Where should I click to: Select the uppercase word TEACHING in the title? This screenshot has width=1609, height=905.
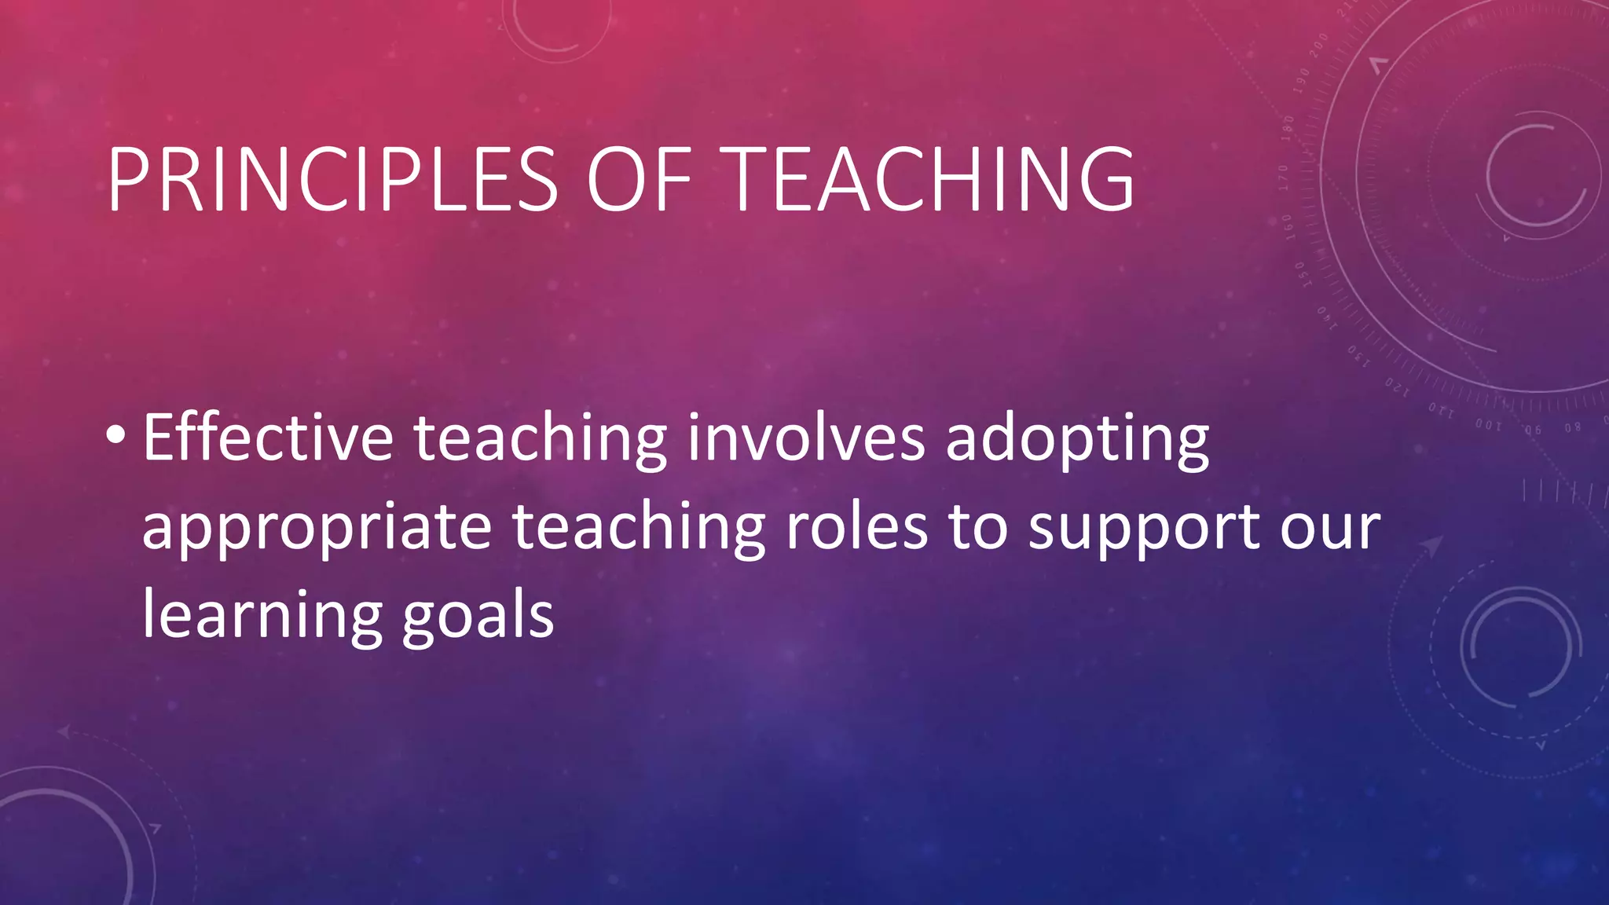(932, 180)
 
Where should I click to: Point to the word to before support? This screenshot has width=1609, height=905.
(977, 528)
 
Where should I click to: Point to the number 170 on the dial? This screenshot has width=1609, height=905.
(1284, 178)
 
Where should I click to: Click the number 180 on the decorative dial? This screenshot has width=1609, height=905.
(1288, 127)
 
